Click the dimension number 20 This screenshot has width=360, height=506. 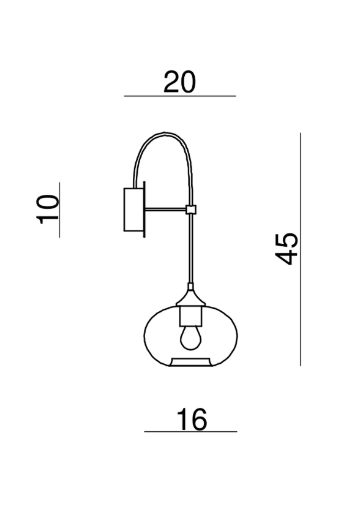[x=179, y=82]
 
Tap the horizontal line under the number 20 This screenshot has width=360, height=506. [x=179, y=96]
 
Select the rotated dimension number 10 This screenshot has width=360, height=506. [x=48, y=209]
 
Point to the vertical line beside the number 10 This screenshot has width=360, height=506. [x=59, y=209]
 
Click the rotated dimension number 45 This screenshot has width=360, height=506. [x=287, y=248]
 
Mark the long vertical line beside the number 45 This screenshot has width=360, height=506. [x=301, y=248]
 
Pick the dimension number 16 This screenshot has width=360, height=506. [x=192, y=420]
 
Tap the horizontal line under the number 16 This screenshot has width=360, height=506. [x=190, y=432]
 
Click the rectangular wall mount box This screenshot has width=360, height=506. [x=133, y=210]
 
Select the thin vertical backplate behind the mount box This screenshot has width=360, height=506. [x=144, y=210]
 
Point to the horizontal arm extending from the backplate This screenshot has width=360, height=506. [x=165, y=210]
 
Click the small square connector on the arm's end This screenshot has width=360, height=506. [x=191, y=210]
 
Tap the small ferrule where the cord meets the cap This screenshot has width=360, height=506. [x=191, y=286]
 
